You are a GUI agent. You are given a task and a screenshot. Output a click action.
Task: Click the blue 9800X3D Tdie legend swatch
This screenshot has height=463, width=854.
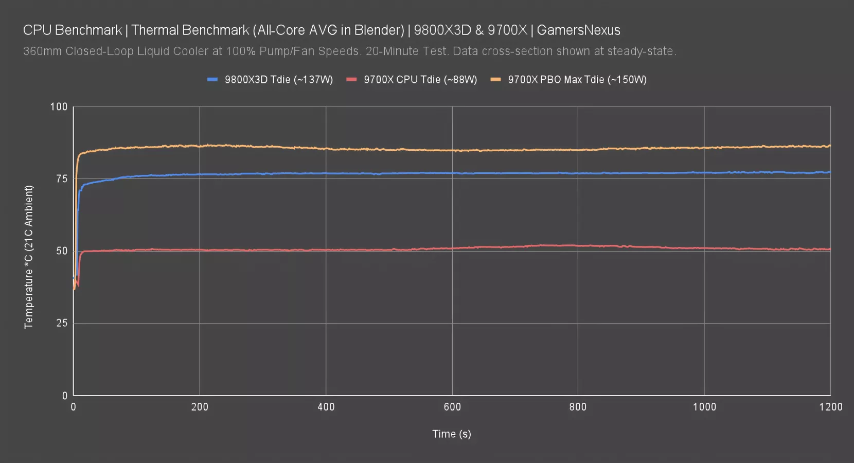pos(212,79)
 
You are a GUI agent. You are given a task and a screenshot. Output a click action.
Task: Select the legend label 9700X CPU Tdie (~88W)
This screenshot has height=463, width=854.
pos(420,80)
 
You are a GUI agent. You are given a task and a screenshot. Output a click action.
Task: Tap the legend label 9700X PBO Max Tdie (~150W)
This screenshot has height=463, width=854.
pos(577,80)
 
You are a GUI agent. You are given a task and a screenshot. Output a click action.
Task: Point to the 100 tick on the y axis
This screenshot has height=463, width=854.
pos(59,106)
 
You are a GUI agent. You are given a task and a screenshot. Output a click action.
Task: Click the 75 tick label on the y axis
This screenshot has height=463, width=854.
pos(62,179)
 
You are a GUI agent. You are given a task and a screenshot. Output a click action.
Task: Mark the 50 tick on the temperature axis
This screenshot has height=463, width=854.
pos(62,251)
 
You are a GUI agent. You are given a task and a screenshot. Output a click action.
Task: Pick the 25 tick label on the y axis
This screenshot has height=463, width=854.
pos(62,323)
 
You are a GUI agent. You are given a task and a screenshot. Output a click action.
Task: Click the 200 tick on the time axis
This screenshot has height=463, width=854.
pos(200,407)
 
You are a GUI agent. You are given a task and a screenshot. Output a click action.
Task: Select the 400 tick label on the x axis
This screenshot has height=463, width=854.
pos(326,407)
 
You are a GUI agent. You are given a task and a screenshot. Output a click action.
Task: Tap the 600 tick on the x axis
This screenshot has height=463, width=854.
pos(452,407)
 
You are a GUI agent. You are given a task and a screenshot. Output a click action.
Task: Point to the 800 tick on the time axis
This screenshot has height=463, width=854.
pos(578,407)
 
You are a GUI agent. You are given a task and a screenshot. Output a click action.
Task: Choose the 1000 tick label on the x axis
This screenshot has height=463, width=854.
pos(704,407)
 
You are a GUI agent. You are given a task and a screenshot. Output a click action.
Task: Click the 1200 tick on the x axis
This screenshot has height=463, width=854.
pos(830,407)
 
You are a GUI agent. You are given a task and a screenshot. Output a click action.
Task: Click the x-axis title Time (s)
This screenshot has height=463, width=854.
pos(452,434)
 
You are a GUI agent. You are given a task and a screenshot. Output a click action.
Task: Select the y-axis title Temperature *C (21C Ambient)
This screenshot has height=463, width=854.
pos(28,257)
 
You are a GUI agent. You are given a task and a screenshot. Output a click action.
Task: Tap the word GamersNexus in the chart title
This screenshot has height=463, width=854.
pos(578,30)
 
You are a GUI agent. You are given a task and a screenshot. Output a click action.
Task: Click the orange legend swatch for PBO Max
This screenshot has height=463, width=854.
pos(496,79)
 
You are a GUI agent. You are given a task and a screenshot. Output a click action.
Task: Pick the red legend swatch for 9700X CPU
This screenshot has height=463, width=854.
pos(351,79)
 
